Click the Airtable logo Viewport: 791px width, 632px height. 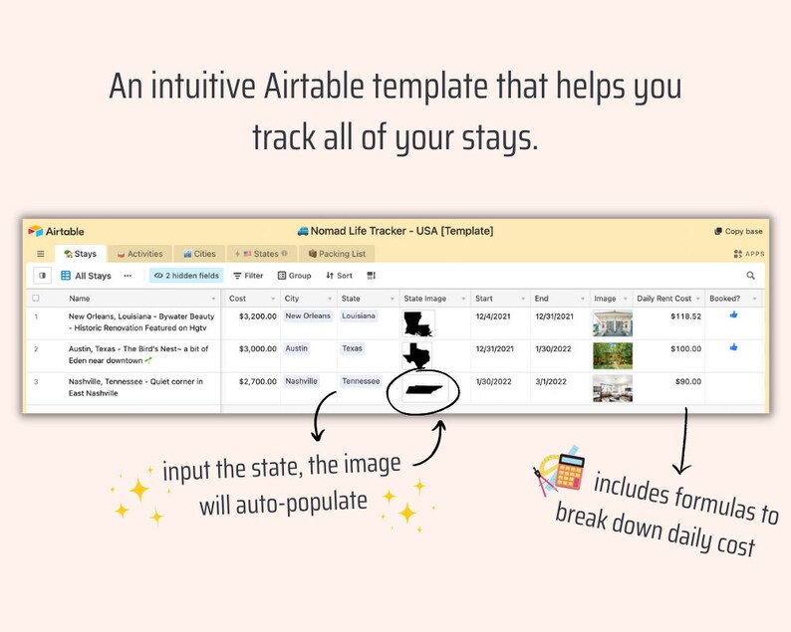[x=56, y=231]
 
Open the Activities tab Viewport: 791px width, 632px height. [x=139, y=254]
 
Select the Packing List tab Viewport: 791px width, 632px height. [x=337, y=254]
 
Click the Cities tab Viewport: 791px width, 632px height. [x=199, y=254]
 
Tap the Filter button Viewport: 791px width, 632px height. [x=248, y=276]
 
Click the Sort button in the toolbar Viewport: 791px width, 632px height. [x=339, y=276]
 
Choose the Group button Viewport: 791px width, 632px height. [x=294, y=276]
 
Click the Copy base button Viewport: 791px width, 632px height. [x=738, y=231]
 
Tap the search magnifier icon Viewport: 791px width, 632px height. [x=750, y=276]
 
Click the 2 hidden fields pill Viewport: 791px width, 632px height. [x=186, y=276]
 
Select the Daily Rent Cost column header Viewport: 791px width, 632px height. [x=663, y=298]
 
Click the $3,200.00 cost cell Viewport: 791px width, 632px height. [x=251, y=316]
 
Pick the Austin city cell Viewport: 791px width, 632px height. [x=297, y=348]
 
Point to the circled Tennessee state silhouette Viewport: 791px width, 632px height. [x=422, y=389]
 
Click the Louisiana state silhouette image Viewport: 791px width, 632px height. [x=418, y=323]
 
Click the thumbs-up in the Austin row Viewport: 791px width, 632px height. [x=734, y=347]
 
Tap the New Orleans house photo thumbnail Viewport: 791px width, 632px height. [x=612, y=323]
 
